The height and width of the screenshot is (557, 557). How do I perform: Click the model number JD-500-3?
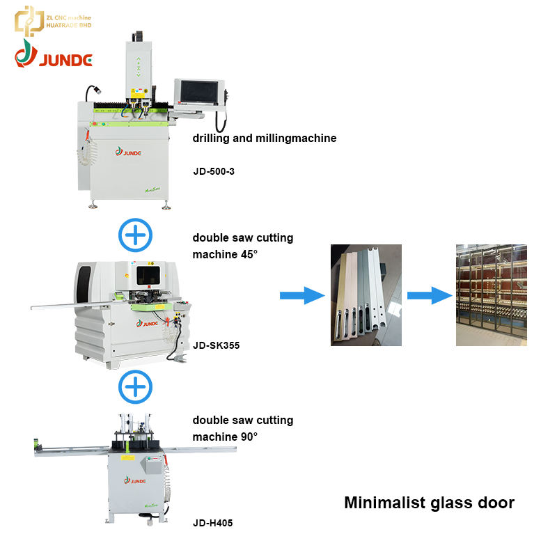pos(214,171)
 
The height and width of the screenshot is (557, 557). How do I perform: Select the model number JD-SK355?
pos(216,345)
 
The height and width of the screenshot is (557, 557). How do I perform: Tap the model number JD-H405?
pos(213,523)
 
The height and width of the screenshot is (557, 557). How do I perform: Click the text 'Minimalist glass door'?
pos(429,503)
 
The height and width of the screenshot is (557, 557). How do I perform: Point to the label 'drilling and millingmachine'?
pos(265,138)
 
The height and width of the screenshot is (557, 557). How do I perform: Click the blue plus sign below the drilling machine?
pos(135,235)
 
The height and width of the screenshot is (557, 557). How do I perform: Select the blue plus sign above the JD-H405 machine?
pos(135,387)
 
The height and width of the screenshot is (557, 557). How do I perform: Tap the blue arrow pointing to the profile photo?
pos(302,295)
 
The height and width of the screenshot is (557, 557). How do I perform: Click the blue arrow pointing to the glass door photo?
pos(430,295)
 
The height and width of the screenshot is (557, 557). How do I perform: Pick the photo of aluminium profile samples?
pos(366,295)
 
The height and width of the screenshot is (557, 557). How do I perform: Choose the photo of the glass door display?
pos(492,295)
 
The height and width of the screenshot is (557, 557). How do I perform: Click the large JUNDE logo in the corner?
pos(54,54)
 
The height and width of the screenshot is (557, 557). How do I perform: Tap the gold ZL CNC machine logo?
pos(53,21)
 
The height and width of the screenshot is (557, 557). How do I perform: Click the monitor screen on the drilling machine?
pos(199,92)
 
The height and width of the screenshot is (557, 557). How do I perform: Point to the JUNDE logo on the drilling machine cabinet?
pos(128,152)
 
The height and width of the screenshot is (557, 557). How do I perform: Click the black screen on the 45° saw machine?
pos(148,276)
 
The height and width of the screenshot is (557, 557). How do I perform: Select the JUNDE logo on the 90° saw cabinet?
pos(134,480)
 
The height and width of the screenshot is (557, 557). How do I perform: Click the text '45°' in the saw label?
pos(249,254)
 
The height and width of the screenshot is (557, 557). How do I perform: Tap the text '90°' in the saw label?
pos(249,437)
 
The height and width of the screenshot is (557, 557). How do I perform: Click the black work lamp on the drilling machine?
pos(93,92)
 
